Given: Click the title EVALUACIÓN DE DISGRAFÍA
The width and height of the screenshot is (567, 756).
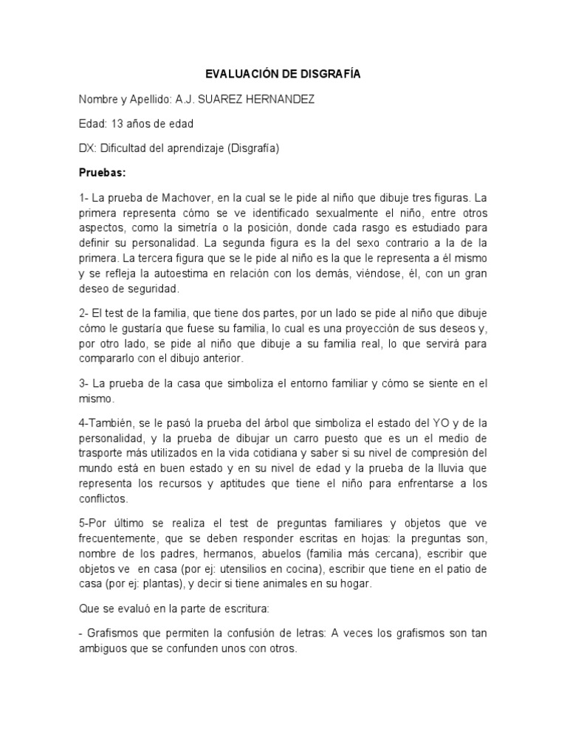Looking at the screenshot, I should point(283,75).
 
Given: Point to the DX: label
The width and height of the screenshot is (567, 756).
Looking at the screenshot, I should point(89,148).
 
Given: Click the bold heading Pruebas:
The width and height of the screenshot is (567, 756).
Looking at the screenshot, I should point(103,172).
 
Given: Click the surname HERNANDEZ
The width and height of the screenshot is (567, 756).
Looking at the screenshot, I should point(283,99).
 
